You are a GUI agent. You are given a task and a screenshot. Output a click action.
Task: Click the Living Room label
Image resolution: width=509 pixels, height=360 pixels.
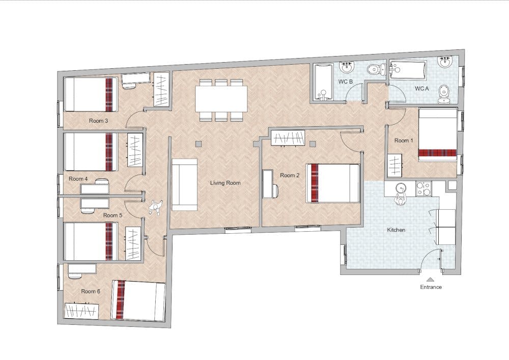click(x=225, y=183)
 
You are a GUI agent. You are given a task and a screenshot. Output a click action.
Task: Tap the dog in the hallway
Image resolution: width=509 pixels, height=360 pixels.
click(x=156, y=207)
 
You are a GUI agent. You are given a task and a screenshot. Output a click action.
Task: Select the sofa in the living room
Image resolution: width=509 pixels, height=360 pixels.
click(x=184, y=184)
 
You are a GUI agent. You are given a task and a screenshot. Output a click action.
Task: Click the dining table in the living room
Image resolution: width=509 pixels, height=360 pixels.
click(x=221, y=99)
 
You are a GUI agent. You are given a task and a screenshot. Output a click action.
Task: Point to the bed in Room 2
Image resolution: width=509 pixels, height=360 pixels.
click(x=333, y=183)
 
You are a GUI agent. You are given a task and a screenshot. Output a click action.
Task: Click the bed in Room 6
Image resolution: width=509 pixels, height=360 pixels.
click(x=138, y=300)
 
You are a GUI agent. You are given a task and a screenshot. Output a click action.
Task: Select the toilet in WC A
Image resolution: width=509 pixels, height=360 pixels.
click(x=444, y=94)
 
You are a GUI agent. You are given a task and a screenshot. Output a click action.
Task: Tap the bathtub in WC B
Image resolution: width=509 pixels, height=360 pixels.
click(x=323, y=81)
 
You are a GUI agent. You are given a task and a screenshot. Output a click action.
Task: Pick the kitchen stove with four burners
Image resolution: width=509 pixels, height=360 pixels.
click(x=423, y=189)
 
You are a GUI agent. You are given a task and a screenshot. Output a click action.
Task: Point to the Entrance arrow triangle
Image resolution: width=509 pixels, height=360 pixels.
click(x=431, y=279)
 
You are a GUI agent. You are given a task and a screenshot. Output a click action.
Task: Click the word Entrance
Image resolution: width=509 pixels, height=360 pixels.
click(x=431, y=287)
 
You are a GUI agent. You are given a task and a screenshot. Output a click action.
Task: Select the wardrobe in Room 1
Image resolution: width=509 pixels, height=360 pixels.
click(x=395, y=165)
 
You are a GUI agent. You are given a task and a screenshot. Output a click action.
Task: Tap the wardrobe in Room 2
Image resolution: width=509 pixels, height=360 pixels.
click(x=288, y=137)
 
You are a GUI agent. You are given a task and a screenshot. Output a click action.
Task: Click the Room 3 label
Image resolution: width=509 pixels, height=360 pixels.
click(x=98, y=121)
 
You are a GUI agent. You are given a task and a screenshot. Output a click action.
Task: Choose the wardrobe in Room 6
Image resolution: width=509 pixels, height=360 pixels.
click(x=81, y=311)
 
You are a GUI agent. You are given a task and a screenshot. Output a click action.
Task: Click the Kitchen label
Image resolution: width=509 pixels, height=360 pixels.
click(x=397, y=230)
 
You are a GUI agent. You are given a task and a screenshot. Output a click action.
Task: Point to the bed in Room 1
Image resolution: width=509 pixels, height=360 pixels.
click(x=438, y=135)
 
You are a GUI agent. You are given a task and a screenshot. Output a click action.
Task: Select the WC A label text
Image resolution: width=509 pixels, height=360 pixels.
click(x=421, y=88)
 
